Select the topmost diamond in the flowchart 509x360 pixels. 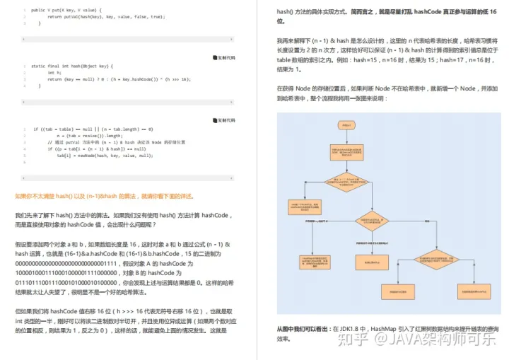tap(346, 182)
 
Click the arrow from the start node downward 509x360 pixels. tap(346, 138)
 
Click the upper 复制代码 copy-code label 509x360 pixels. tap(224, 57)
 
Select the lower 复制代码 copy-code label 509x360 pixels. tap(224, 120)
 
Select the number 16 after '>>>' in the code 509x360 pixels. tap(185, 79)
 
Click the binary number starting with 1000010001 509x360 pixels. tap(60, 272)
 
